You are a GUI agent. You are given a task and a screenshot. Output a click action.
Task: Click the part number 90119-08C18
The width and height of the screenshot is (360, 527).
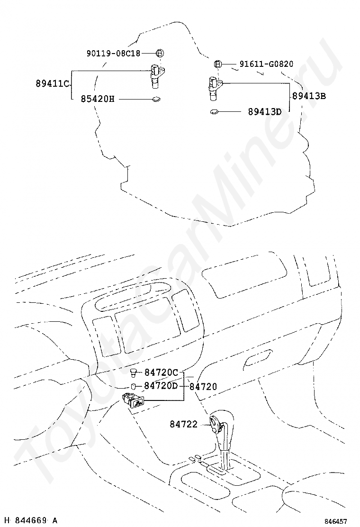113,54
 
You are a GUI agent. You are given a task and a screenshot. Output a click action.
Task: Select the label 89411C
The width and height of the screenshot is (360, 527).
52,84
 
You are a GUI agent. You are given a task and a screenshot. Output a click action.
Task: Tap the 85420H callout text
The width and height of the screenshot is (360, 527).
97,99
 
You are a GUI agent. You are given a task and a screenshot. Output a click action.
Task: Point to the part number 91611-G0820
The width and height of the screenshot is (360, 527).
266,64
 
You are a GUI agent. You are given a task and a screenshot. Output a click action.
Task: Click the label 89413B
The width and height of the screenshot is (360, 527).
309,95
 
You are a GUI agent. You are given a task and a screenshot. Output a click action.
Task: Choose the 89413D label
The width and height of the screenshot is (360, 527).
264,112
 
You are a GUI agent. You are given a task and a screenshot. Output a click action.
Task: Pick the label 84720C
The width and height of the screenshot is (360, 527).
161,373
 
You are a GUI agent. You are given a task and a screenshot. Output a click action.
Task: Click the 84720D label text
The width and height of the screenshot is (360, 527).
161,386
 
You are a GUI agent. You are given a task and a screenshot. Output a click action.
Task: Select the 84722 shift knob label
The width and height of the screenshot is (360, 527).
183,424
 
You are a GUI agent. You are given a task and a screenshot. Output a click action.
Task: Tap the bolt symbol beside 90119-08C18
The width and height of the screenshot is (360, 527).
160,53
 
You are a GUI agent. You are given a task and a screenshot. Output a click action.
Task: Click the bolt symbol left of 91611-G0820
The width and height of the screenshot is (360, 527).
217,64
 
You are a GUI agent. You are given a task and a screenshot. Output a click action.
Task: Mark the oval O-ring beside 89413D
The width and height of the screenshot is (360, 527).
214,112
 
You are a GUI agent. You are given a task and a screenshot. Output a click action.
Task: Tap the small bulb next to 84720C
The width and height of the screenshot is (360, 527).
134,373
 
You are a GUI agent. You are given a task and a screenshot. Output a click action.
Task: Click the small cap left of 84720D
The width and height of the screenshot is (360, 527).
134,386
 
